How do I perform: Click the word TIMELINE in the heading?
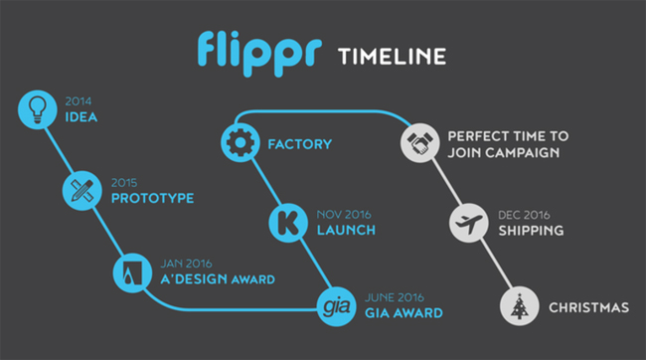click(388, 55)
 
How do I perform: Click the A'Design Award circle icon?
click(131, 269)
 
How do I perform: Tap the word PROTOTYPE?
click(151, 198)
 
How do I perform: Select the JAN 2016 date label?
click(185, 263)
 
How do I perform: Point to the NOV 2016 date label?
click(345, 214)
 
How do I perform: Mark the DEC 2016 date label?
click(525, 214)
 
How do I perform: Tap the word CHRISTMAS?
click(589, 308)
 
